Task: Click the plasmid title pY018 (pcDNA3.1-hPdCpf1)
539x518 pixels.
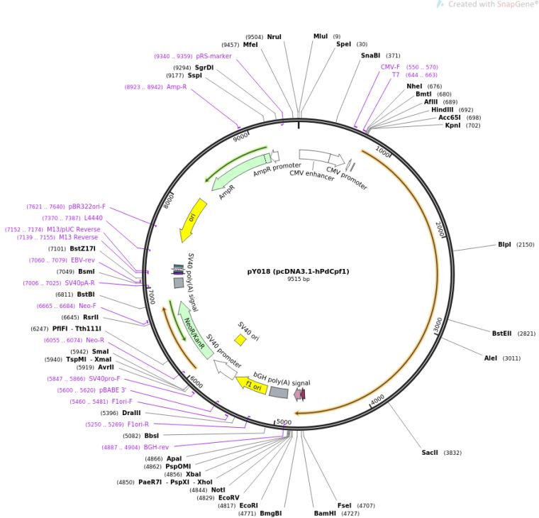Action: click(298, 271)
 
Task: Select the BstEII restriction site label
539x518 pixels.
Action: click(504, 333)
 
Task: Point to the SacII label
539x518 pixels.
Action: click(430, 452)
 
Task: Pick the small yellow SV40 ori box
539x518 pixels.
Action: click(241, 340)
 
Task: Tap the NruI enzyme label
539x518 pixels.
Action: click(274, 36)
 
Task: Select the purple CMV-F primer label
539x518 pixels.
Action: click(390, 67)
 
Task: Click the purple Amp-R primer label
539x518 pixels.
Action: click(177, 87)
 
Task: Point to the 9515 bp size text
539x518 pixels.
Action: click(298, 280)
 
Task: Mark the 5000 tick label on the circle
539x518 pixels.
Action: click(284, 422)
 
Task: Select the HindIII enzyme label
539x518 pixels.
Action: click(442, 109)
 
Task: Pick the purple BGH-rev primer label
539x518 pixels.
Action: click(156, 447)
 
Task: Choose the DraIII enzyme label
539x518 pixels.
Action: click(130, 413)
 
